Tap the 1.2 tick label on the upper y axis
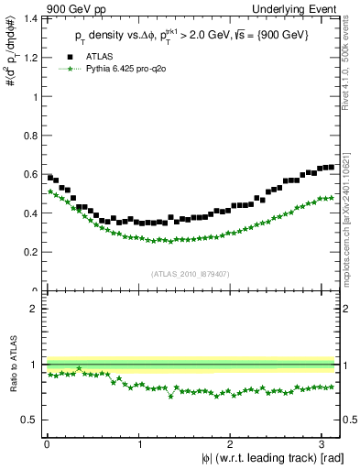(32, 58)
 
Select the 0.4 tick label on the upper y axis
(32, 213)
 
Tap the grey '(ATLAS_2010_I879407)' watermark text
(191, 274)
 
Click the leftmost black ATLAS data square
(50, 177)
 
